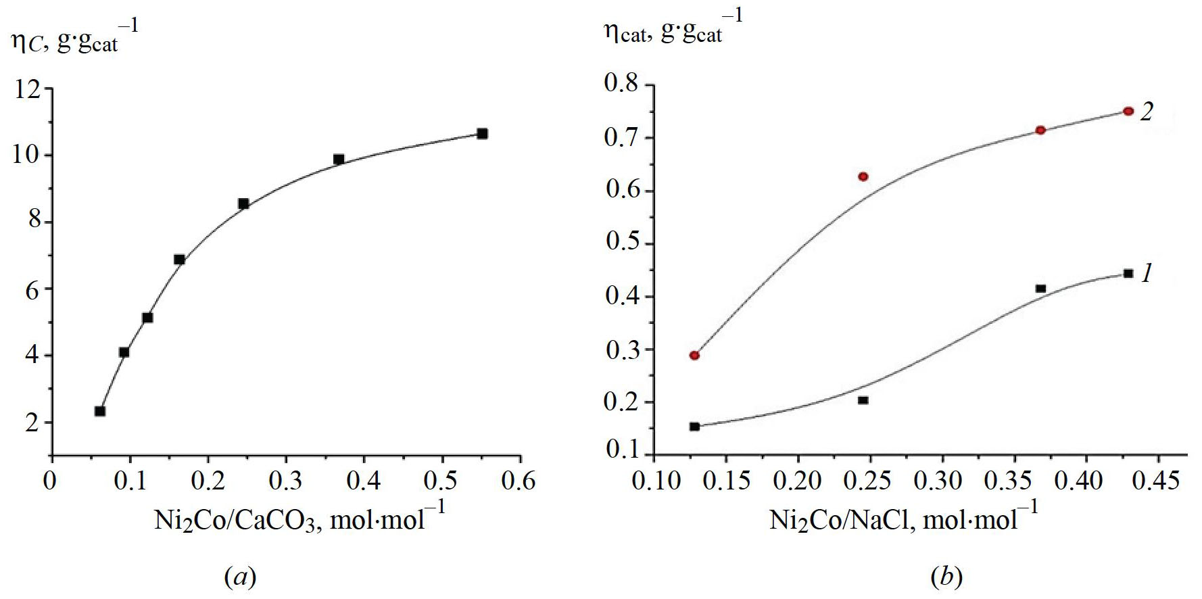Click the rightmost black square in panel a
tap(482, 134)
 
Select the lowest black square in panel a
tap(100, 411)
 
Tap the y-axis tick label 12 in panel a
tap(27, 89)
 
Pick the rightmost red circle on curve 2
tap(1128, 111)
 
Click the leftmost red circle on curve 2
tap(694, 356)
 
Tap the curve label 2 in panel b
tap(1147, 112)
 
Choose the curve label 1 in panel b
tap(1147, 274)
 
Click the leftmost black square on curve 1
tap(694, 427)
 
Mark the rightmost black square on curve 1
tap(1128, 274)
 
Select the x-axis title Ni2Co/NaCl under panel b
tap(903, 519)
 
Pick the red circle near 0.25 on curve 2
tap(863, 176)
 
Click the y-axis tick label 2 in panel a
tap(32, 424)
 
